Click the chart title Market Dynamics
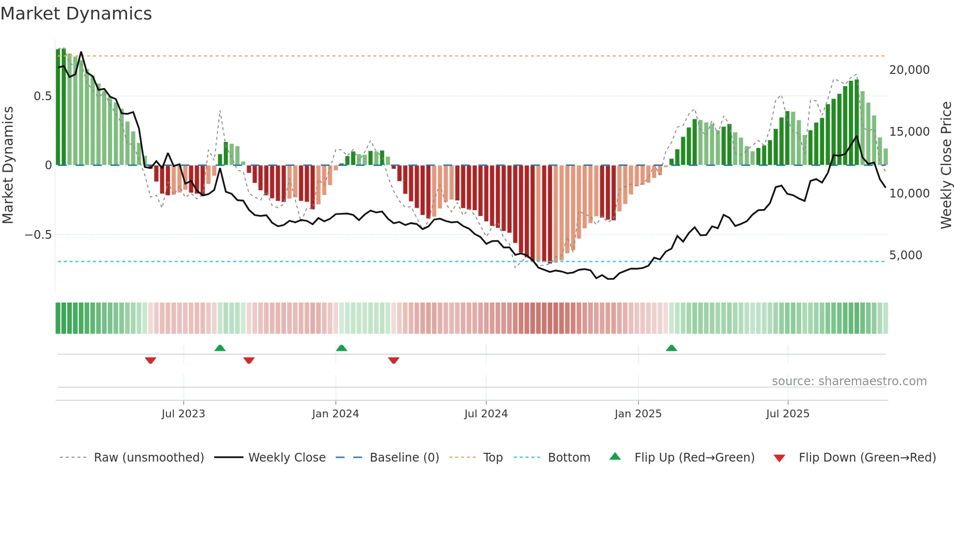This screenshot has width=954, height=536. (x=76, y=14)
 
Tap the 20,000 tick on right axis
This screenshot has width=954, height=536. (x=909, y=70)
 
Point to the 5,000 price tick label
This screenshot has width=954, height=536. (x=905, y=255)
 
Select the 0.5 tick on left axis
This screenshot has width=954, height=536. (x=42, y=96)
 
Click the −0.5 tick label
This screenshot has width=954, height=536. (x=38, y=235)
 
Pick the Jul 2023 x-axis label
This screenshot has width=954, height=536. (x=183, y=414)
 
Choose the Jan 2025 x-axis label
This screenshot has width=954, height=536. (x=638, y=414)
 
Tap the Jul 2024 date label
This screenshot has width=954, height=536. (x=486, y=414)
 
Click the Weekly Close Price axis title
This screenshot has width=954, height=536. (x=946, y=165)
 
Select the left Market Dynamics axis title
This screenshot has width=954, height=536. (x=8, y=165)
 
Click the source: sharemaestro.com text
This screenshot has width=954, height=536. (x=849, y=381)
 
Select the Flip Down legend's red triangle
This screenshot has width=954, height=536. (x=779, y=458)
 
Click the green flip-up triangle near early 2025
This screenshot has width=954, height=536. (x=671, y=348)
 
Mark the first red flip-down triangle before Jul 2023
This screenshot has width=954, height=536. (x=150, y=360)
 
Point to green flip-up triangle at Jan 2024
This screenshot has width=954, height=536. (x=341, y=348)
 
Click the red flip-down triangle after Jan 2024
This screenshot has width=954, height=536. (x=394, y=360)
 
